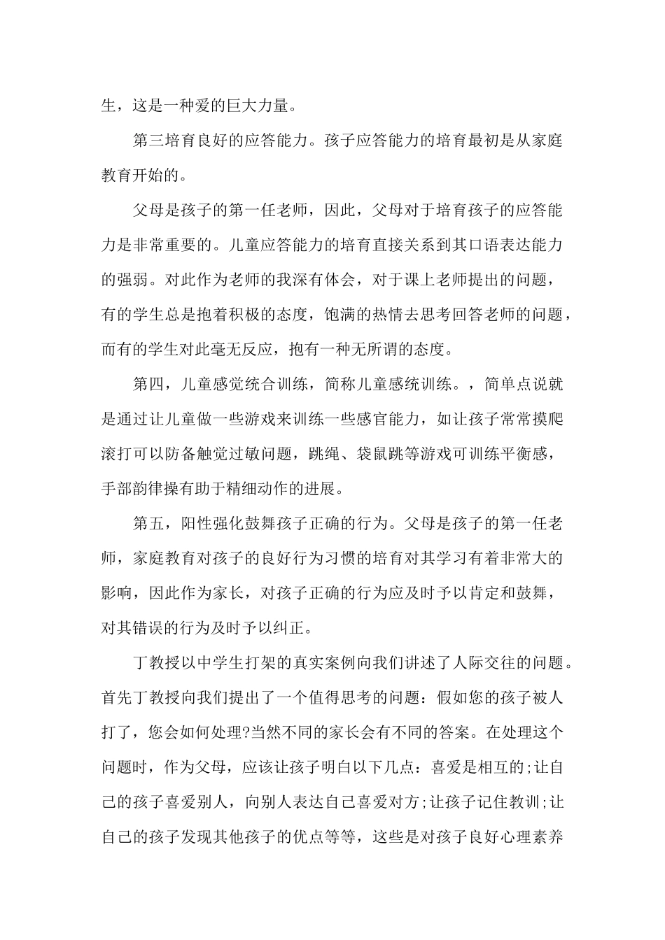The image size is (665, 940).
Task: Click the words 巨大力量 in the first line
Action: [x=253, y=107]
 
